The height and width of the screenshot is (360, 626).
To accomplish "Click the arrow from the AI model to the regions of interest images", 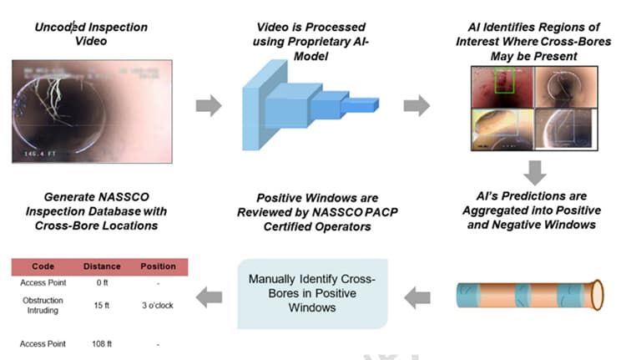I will click(x=416, y=107).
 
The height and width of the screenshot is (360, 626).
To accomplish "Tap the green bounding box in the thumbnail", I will click(x=505, y=81).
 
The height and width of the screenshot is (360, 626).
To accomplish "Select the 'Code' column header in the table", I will click(x=43, y=266).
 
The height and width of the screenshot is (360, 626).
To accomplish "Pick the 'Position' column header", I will click(x=158, y=266).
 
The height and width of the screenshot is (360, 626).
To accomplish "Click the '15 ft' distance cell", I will click(x=102, y=306).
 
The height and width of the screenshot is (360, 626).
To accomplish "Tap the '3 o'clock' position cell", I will click(x=158, y=306).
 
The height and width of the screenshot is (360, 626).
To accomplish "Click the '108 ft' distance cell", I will click(x=102, y=343).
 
